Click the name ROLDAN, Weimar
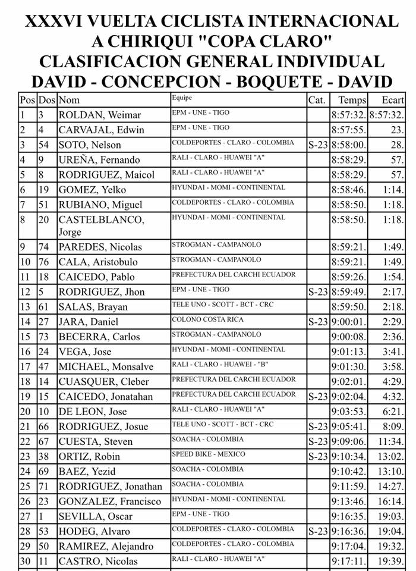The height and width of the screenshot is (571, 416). pos(99,115)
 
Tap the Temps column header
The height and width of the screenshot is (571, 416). pos(352,100)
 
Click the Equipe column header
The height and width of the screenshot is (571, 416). pos(181,98)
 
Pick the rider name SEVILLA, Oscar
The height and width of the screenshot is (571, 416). pos(95,516)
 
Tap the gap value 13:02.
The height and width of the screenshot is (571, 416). pos(392,456)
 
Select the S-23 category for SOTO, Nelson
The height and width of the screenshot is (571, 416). pos(318,145)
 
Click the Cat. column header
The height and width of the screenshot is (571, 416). pos(317,100)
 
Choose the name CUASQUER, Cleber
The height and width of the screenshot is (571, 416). pos(103,382)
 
